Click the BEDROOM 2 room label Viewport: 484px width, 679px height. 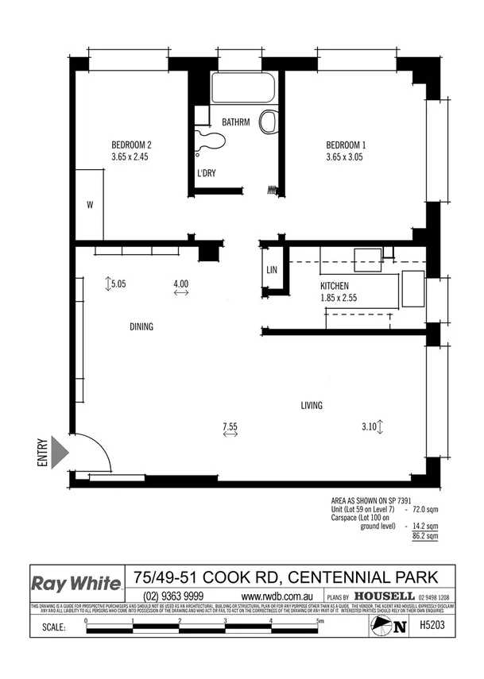[131, 145]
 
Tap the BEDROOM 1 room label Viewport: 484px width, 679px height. [346, 145]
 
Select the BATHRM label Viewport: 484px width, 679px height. [236, 122]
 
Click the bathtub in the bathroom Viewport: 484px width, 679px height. [242, 88]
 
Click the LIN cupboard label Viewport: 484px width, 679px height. [272, 271]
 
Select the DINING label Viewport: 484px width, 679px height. [141, 326]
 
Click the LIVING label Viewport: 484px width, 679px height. [312, 406]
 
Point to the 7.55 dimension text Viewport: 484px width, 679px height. [230, 426]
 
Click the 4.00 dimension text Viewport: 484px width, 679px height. [180, 284]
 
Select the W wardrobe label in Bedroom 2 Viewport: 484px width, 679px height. [90, 205]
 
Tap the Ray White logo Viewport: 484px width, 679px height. [76, 582]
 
